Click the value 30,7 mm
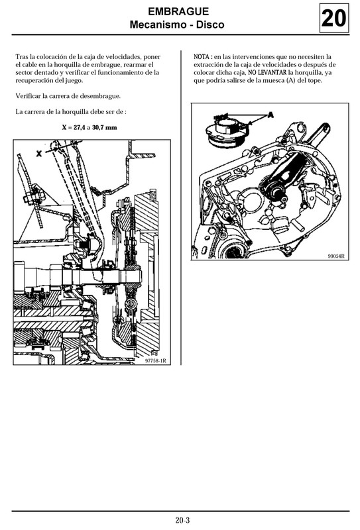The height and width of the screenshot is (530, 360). (104, 127)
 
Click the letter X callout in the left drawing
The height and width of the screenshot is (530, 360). (39, 152)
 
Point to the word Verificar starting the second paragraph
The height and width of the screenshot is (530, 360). (29, 96)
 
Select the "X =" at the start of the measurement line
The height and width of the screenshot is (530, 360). (67, 127)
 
